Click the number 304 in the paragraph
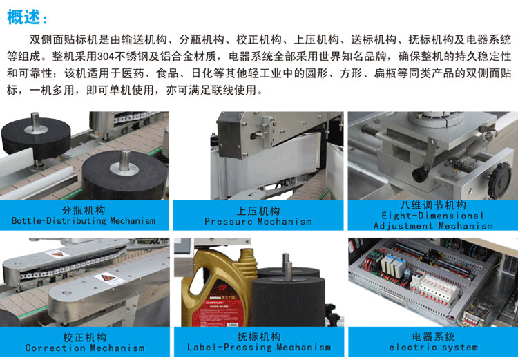(104, 57)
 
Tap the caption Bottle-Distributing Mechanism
(84, 221)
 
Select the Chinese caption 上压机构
(258, 211)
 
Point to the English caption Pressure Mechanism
(258, 222)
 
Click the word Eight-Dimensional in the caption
(432, 216)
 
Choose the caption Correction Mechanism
(84, 348)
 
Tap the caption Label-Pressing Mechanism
(259, 347)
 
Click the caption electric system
(433, 348)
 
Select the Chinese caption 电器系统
(433, 337)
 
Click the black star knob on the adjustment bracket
(499, 180)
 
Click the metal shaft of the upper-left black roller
(35, 122)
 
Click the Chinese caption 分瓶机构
(84, 211)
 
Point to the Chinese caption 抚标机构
(259, 337)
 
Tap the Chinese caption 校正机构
(84, 337)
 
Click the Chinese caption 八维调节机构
(433, 206)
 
